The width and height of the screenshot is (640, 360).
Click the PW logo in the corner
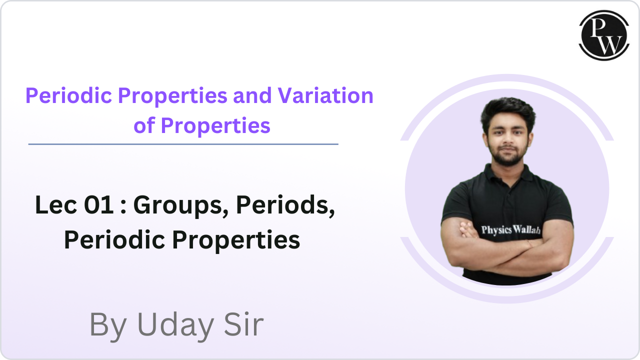point(603,35)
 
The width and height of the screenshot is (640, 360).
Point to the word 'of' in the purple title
point(144,125)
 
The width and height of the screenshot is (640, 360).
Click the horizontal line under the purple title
point(183,144)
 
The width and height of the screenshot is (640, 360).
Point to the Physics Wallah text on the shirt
point(510,229)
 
